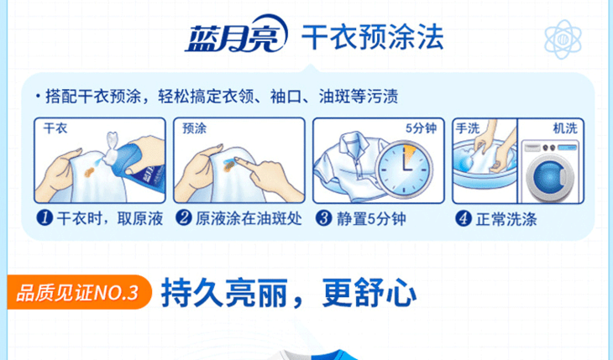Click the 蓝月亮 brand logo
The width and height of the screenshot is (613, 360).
(x=237, y=34)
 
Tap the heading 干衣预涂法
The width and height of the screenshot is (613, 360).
(x=373, y=37)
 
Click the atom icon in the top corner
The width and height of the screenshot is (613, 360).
(x=563, y=39)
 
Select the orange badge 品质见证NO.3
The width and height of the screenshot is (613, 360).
(x=78, y=292)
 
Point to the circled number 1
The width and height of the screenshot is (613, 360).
(x=45, y=218)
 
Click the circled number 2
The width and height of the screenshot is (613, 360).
(x=183, y=218)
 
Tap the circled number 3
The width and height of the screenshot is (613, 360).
(x=323, y=218)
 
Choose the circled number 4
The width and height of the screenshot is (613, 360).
(x=464, y=218)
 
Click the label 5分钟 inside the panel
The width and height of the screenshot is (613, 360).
(x=421, y=128)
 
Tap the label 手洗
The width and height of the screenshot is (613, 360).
(x=468, y=128)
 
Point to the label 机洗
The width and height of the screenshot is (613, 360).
(x=565, y=128)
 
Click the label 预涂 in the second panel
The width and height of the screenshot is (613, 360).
(x=194, y=128)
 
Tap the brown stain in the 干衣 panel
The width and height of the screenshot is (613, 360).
(x=89, y=172)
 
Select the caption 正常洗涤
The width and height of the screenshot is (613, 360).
(x=506, y=219)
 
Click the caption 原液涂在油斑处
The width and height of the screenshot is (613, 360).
(x=249, y=219)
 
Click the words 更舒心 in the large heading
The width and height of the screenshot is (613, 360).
(x=369, y=293)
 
